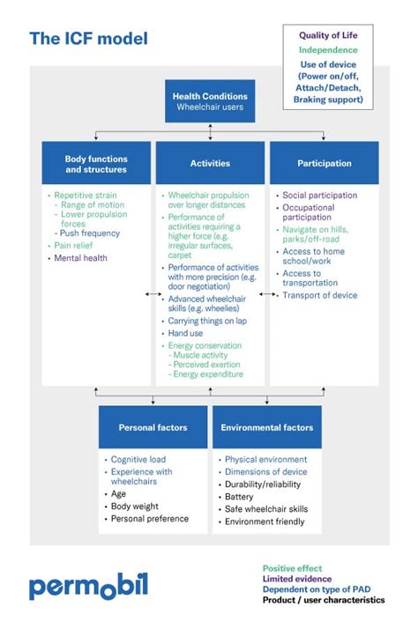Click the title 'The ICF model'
tap(88, 39)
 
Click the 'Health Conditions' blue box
tap(210, 101)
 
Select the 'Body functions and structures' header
tap(96, 164)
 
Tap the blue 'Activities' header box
tap(210, 163)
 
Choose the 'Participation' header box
tap(324, 163)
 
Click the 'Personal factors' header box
tap(153, 427)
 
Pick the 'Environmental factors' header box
tap(266, 427)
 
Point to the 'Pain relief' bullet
tap(75, 246)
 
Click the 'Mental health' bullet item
tap(81, 258)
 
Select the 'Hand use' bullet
tap(187, 334)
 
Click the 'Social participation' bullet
tap(319, 196)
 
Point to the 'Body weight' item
tap(136, 507)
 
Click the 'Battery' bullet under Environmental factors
tap(239, 497)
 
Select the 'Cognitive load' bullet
tap(141, 460)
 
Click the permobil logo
tap(88, 586)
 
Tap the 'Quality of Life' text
tap(328, 36)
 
